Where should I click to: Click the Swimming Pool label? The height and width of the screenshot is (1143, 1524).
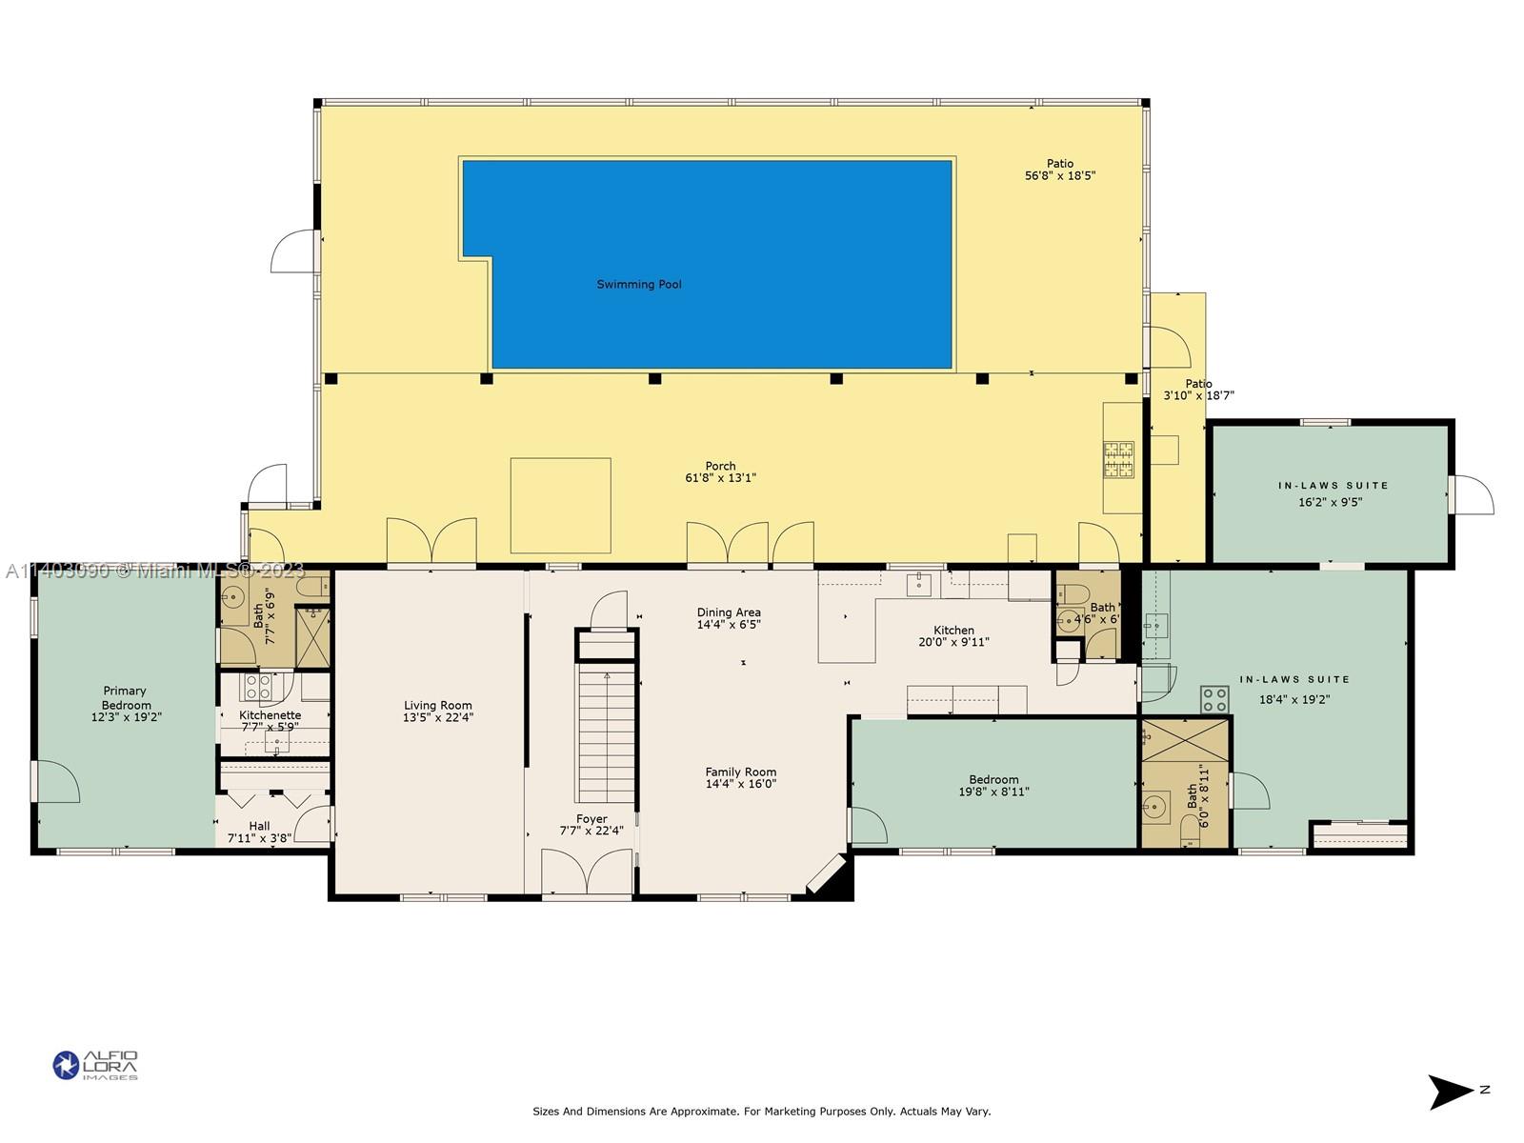[x=639, y=284]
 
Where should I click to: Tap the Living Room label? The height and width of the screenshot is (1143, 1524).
[x=437, y=705]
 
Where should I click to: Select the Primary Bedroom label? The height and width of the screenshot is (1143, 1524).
[x=125, y=697]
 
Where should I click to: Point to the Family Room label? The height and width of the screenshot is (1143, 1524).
[x=741, y=772]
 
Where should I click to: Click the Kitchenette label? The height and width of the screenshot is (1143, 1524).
[x=271, y=714]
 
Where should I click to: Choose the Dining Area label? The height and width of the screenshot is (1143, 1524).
[x=729, y=612]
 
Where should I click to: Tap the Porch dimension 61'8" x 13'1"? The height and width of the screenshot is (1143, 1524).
[x=721, y=477]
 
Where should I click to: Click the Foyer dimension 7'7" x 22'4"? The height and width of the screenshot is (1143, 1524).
[x=592, y=831]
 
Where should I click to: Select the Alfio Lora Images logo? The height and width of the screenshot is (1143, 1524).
[x=96, y=1065]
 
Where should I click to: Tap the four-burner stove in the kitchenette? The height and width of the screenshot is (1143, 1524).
[x=257, y=687]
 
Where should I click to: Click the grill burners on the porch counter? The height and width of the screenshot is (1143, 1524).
[x=1118, y=459]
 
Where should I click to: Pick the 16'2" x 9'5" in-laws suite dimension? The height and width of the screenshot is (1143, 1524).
[x=1331, y=502]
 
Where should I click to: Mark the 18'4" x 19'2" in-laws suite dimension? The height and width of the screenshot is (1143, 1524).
[x=1294, y=699]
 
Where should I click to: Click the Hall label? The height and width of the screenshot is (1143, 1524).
[x=259, y=826]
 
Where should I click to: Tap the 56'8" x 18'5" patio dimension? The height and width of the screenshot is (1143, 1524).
[x=1060, y=175]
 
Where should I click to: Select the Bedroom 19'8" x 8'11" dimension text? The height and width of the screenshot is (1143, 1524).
[x=993, y=792]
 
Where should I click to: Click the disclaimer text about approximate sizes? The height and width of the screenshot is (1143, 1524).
[x=762, y=1111]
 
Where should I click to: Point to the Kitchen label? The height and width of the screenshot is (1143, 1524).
[x=953, y=631]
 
